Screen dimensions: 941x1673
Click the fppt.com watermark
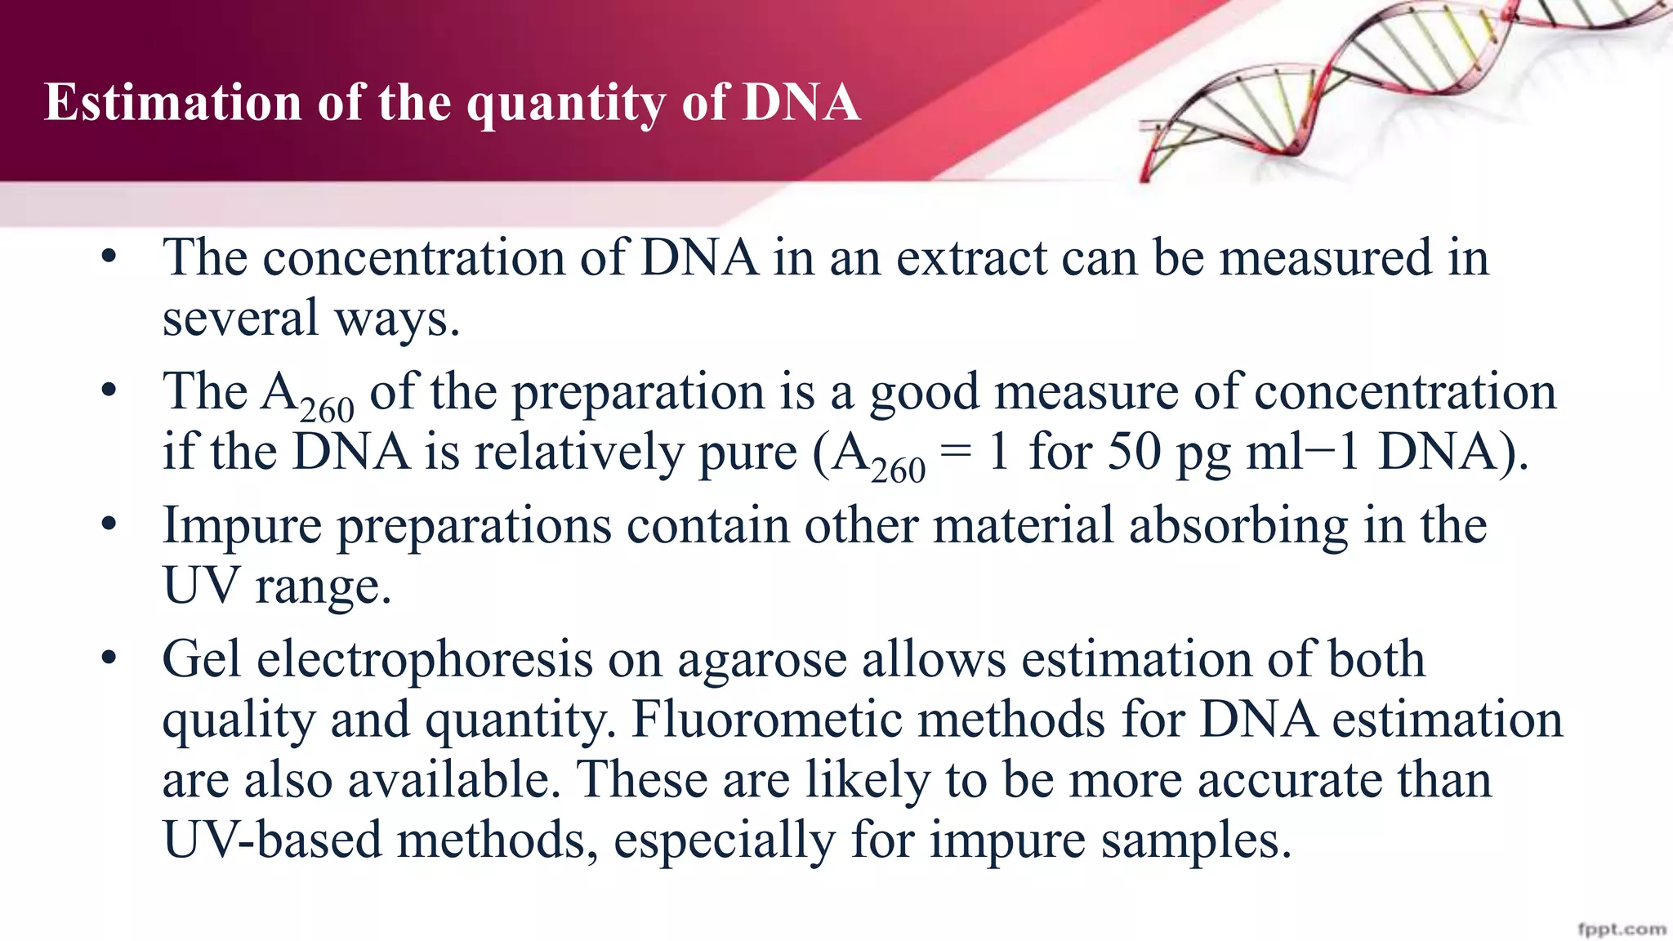1622,930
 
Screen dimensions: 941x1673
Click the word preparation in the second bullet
638,391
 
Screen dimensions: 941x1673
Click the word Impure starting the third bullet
242,526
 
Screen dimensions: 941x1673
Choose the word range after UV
323,586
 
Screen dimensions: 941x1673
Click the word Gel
202,658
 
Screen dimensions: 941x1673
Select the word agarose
762,660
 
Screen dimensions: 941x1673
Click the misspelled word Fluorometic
786,719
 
